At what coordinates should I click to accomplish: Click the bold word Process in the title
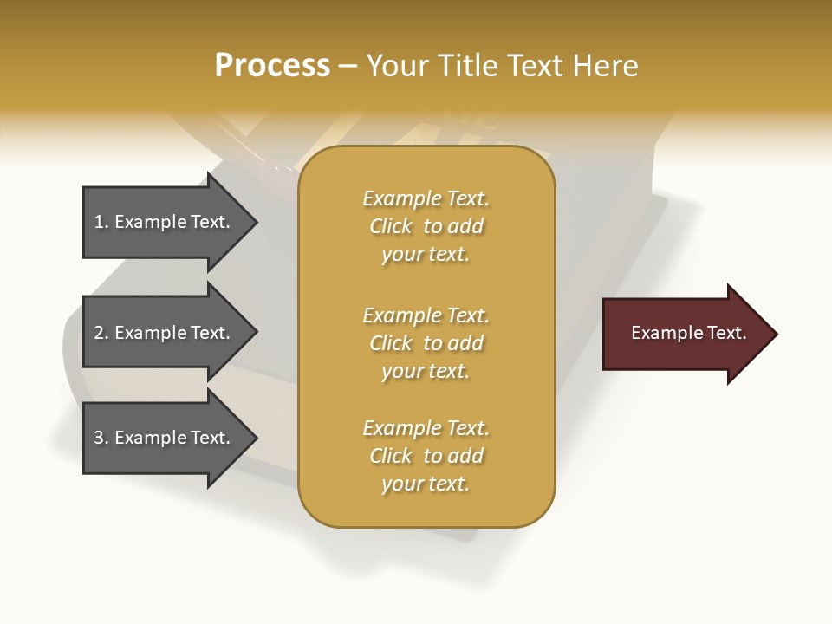[272, 66]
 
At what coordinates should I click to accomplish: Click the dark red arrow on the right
[685, 334]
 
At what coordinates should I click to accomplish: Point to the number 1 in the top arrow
[99, 223]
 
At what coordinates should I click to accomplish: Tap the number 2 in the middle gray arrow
[99, 333]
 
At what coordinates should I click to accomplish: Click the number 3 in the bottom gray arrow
[99, 438]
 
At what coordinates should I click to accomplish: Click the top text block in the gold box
[426, 226]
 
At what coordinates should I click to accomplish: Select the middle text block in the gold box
[426, 343]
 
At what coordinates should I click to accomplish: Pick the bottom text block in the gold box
[426, 456]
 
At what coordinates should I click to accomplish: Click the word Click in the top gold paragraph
[391, 226]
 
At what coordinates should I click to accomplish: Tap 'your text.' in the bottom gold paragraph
[426, 484]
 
